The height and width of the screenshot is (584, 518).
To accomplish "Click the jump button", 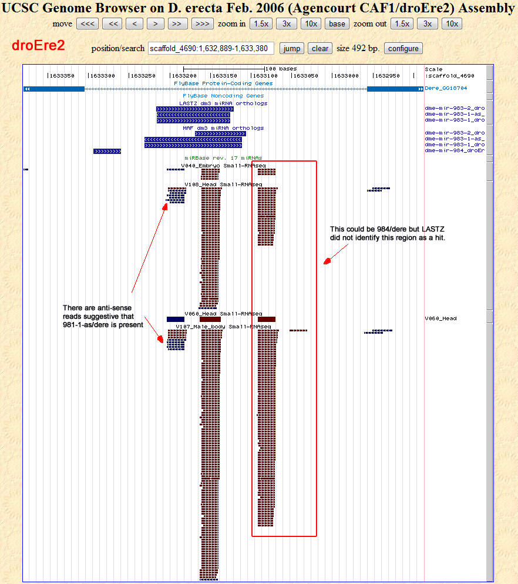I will pyautogui.click(x=291, y=48).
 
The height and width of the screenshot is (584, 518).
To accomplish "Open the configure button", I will pyautogui.click(x=403, y=48).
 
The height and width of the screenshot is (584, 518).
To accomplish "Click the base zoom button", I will pyautogui.click(x=337, y=24).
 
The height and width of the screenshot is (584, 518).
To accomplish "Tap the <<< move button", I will pyautogui.click(x=88, y=24).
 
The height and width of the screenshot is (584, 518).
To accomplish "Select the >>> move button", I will pyautogui.click(x=202, y=24).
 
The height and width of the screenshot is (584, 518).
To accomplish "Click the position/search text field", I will pyautogui.click(x=211, y=48).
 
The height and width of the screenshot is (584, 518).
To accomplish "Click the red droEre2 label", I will pyautogui.click(x=39, y=46).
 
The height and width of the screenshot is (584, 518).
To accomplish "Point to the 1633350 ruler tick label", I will pyautogui.click(x=62, y=76).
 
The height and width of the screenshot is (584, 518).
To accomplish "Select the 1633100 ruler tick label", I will pyautogui.click(x=264, y=76).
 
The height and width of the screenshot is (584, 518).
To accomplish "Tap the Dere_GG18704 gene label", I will pyautogui.click(x=446, y=89).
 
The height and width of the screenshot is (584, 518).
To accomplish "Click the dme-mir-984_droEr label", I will pyautogui.click(x=455, y=150).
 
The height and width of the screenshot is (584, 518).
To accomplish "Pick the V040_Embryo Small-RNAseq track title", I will pyautogui.click(x=223, y=166).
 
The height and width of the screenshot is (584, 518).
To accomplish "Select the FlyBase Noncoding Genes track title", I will pyautogui.click(x=223, y=95).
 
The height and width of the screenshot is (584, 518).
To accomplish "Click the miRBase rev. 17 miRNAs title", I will pyautogui.click(x=223, y=158).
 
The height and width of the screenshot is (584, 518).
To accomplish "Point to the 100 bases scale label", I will pyautogui.click(x=281, y=69).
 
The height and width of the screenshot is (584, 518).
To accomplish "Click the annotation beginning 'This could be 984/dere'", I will pyautogui.click(x=388, y=233).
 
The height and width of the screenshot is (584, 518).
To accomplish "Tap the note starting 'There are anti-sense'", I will pyautogui.click(x=103, y=316).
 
